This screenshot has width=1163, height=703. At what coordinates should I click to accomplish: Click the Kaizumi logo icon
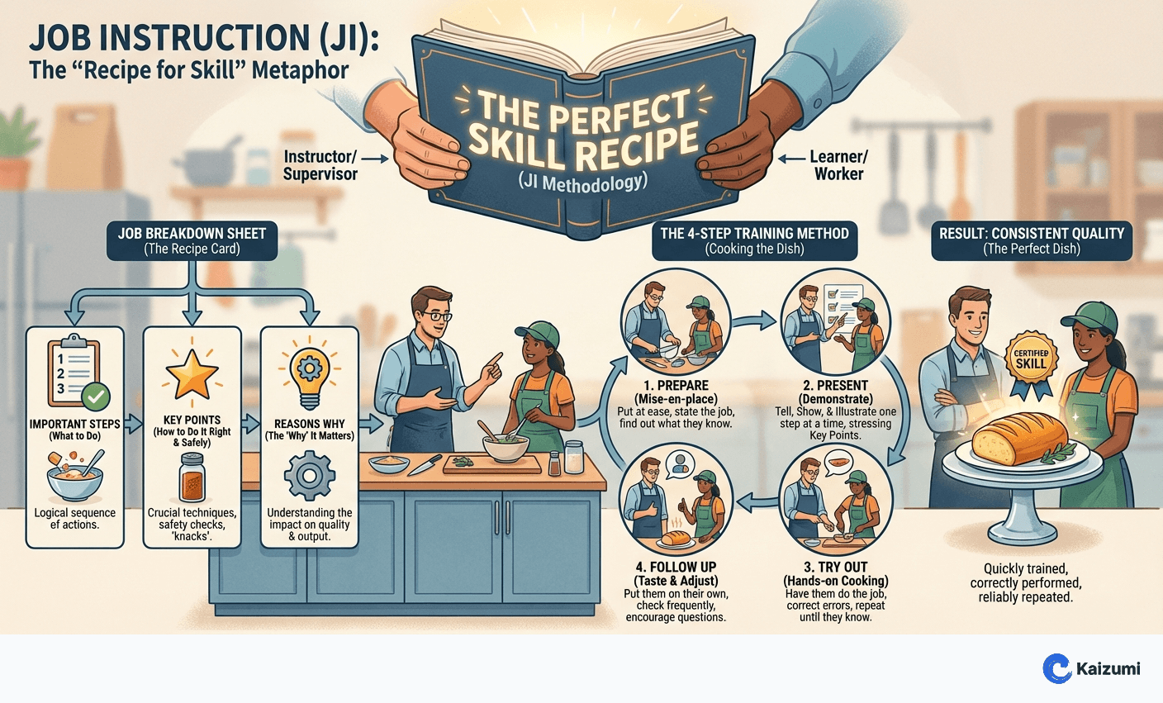point(1056,668)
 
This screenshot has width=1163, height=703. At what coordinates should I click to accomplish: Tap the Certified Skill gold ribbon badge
point(1031,360)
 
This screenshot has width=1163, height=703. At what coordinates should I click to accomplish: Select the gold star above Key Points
point(192,373)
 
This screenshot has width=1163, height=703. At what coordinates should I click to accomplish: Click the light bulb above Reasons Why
point(310,376)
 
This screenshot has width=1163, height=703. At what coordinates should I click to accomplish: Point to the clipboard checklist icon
point(74,373)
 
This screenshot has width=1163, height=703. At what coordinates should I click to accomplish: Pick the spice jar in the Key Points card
point(192,477)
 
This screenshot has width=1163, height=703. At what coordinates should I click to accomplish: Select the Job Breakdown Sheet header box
point(192,240)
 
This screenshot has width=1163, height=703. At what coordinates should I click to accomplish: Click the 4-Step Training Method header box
point(754,240)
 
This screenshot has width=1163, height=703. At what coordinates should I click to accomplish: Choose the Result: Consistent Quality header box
point(1032,240)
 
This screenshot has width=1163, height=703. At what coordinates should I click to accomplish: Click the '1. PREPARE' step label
point(676,386)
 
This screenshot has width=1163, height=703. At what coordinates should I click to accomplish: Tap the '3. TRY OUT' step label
point(836,568)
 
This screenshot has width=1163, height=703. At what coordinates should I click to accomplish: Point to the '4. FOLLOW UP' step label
point(676,568)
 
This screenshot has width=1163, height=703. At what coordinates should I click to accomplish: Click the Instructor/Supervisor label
point(320,165)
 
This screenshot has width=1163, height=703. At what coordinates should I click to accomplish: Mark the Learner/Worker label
point(838,165)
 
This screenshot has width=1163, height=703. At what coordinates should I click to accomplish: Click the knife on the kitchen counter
point(425,466)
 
